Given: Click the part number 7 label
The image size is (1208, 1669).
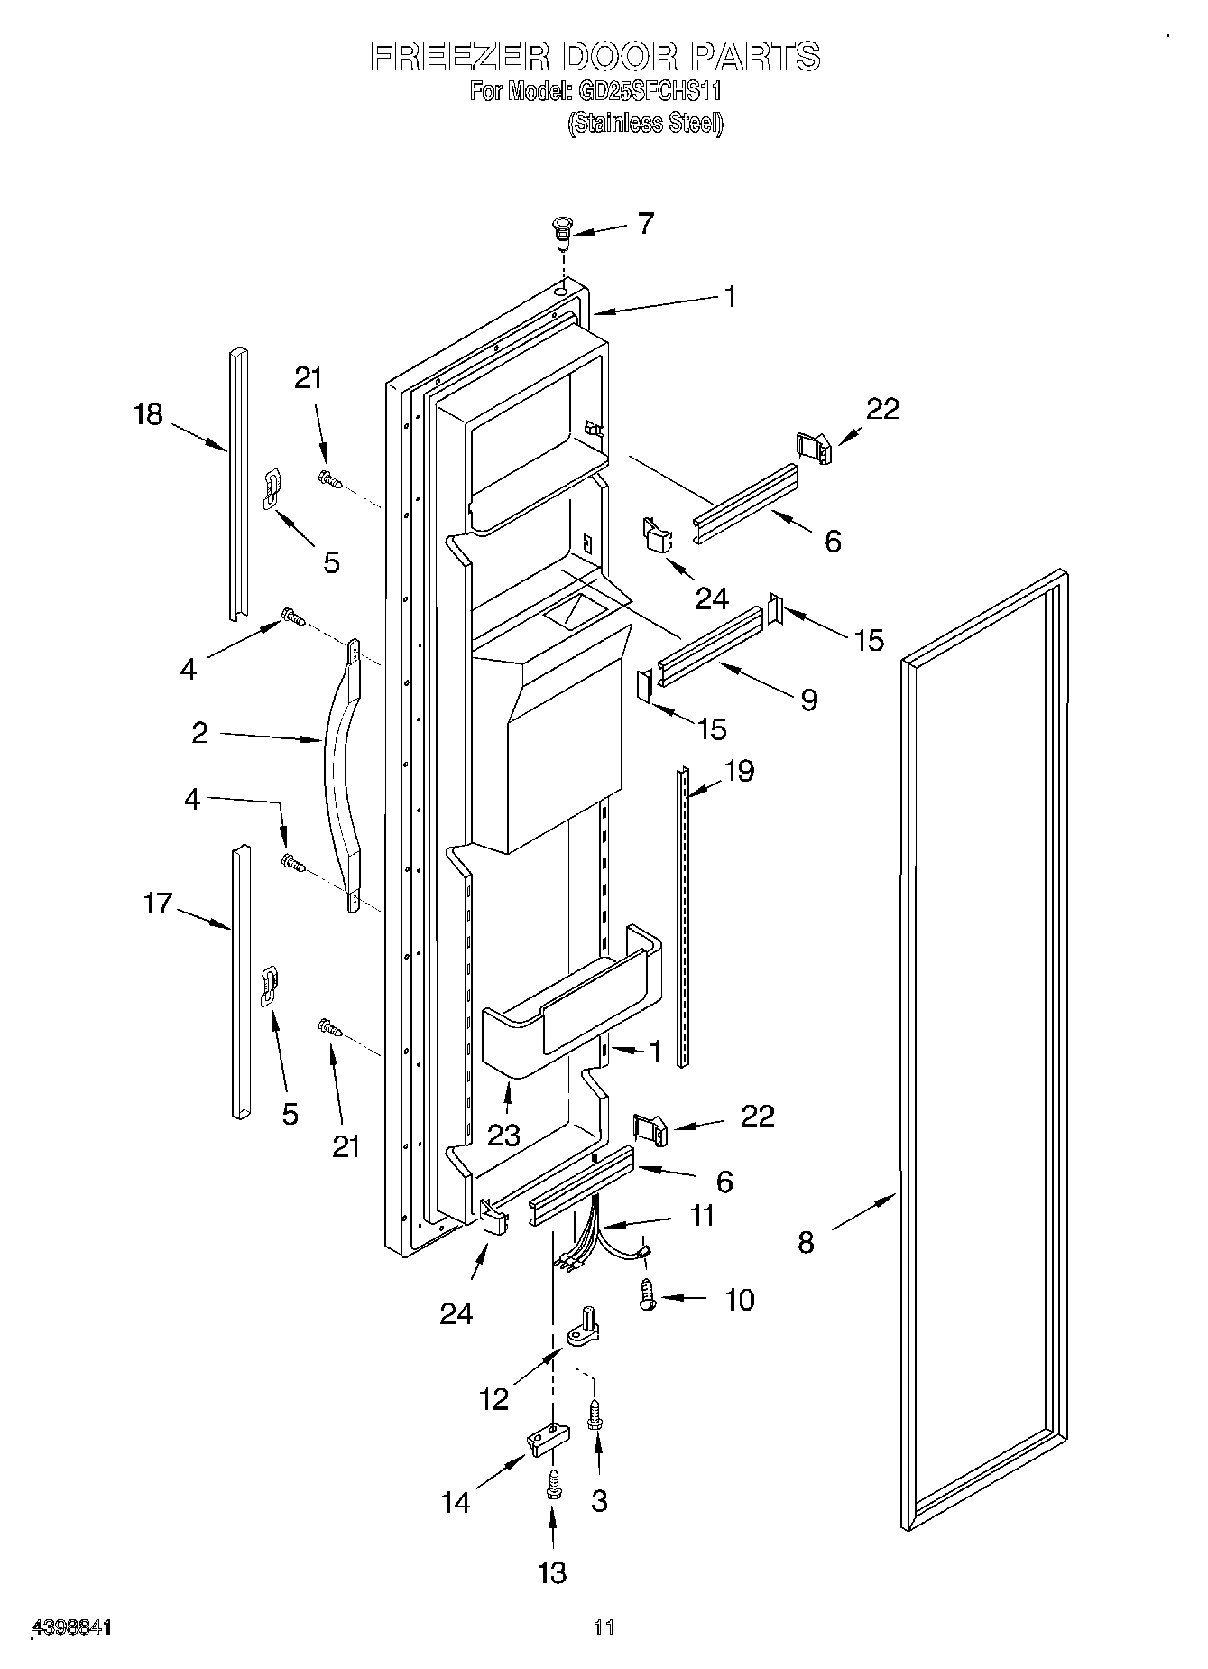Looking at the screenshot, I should (645, 224).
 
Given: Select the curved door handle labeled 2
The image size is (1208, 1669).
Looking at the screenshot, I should (338, 767).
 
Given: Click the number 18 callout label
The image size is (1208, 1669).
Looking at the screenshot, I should (148, 414).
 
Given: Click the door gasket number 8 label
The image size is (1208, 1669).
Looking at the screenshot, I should (806, 1243).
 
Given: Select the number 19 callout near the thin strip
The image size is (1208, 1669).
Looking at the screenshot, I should (739, 771).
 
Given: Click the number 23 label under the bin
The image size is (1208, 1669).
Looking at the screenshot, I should (503, 1135).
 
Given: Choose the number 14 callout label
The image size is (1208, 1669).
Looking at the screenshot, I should (456, 1502).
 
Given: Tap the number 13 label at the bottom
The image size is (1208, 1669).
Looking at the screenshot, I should (551, 1572).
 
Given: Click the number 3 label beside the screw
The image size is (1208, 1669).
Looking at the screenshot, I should (599, 1500).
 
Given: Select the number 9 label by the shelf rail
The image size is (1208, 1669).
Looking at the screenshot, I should (808, 699).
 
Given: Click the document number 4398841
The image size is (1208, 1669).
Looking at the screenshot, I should (71, 1627).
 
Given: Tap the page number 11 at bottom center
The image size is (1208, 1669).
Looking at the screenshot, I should (604, 1627).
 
